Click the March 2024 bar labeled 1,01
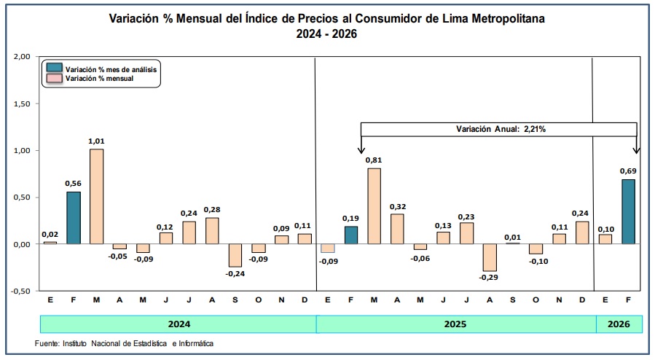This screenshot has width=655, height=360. [x=96, y=196]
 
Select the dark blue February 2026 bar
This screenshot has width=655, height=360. [x=628, y=212]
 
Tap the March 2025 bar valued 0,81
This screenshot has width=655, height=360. [x=374, y=206]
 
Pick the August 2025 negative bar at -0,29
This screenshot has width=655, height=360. [x=490, y=258]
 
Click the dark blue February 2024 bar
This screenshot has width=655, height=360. [x=74, y=218]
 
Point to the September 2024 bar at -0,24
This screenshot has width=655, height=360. [x=235, y=255]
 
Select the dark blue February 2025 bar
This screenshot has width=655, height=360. [x=351, y=235]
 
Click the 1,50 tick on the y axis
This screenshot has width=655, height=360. [x=22, y=103]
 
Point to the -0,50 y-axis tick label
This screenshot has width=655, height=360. [x=21, y=291]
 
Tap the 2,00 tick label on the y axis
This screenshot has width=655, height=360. [x=22, y=56]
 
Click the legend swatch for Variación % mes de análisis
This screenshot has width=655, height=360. [x=55, y=68]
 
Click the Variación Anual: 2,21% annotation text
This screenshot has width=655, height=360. [x=501, y=129]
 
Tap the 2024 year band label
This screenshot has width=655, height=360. [x=179, y=324]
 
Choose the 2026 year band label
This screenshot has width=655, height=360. [x=619, y=324]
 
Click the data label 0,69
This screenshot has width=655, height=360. [x=628, y=171]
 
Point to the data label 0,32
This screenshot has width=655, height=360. [x=398, y=207]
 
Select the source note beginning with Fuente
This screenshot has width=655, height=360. [x=124, y=343]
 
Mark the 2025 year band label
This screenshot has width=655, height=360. [x=455, y=324]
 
